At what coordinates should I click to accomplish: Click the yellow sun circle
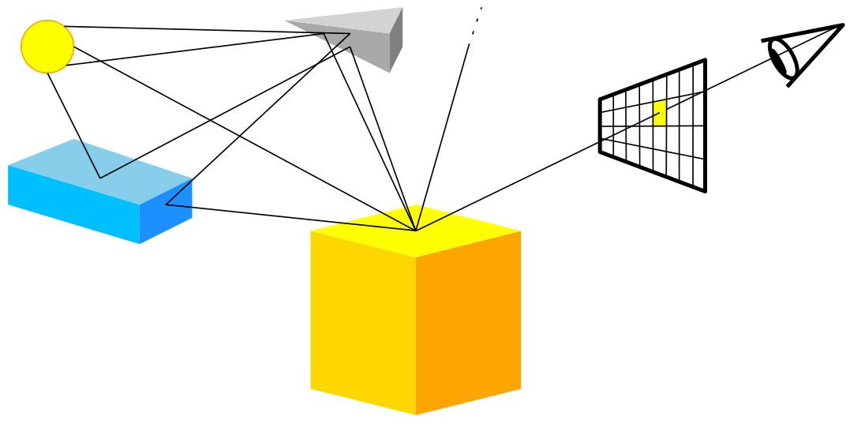pos(47,47)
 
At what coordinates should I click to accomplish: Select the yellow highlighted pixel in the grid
pos(660,113)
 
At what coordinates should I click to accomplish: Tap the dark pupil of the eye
pos(784,59)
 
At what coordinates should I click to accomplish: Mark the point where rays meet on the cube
pos(416,231)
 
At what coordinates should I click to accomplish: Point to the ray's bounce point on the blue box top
pos(100,178)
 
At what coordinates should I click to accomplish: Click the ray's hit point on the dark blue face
pos(167,205)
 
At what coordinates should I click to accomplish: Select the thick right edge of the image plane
pos(705,125)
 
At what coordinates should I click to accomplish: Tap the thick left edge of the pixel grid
pos(601,125)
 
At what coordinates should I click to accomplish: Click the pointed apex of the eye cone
pos(842,25)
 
